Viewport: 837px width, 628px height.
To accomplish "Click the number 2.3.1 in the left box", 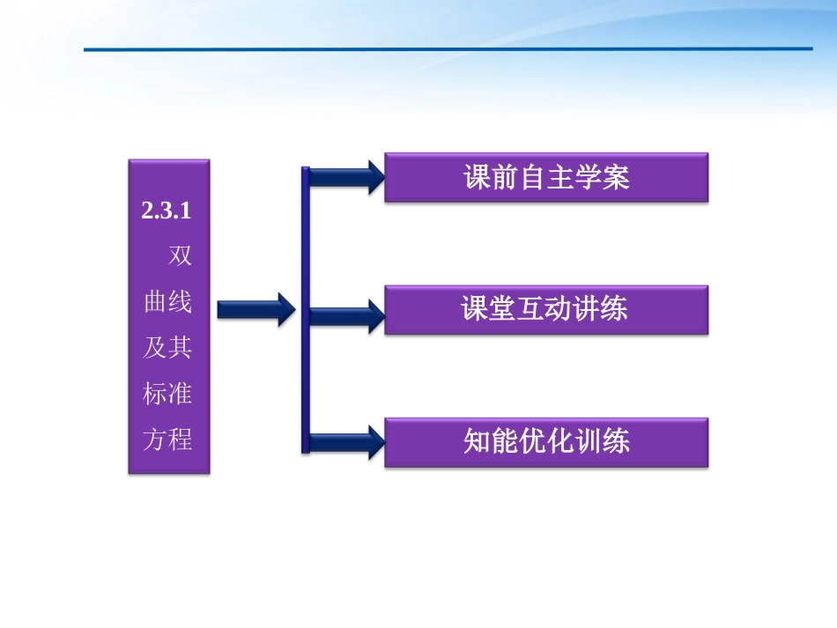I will click(x=167, y=211).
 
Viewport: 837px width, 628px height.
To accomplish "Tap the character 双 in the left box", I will click(x=180, y=256).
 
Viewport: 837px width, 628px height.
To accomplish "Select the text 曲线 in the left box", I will click(x=167, y=302).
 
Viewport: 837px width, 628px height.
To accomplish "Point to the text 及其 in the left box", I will click(x=167, y=348).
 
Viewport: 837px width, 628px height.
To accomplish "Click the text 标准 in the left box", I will click(x=167, y=394).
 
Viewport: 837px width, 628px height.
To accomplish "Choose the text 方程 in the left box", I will click(x=167, y=439).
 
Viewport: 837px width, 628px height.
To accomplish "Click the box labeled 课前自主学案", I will click(x=546, y=178).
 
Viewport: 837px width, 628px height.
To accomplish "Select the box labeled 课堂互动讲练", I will click(x=546, y=310).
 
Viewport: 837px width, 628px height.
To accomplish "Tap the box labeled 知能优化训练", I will click(x=546, y=442).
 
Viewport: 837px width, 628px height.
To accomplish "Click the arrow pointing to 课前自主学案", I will click(x=345, y=178).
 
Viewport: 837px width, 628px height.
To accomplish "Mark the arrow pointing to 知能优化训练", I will click(x=345, y=442).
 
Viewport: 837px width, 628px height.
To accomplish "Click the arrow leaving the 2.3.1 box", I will click(x=256, y=309).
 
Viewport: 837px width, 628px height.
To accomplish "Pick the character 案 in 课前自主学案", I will click(x=616, y=178).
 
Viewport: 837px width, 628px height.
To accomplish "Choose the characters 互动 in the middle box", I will click(x=545, y=310).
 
